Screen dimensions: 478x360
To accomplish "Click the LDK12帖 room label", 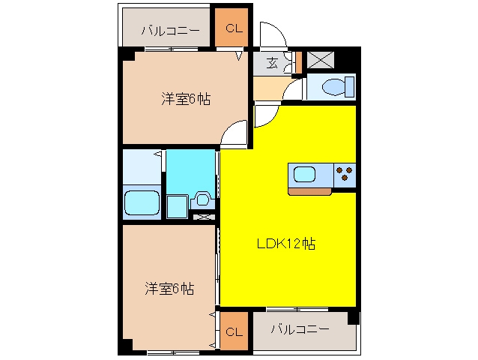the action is (286, 244).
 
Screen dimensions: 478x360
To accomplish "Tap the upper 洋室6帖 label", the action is (186, 99).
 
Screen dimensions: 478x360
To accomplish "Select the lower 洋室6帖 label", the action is (169, 289).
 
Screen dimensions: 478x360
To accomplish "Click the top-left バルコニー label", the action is (170, 31).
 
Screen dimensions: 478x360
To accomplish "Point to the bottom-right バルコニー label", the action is (300, 329).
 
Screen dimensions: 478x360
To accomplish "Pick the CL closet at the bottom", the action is (234, 331).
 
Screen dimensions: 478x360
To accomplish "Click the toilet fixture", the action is (338, 87).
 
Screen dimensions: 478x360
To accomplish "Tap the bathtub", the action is (142, 202).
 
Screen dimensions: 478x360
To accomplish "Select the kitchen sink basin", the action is (304, 175).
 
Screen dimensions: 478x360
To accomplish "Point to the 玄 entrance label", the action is (272, 63).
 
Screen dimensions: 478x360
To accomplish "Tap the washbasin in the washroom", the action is (202, 199).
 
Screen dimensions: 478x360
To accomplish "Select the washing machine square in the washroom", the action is (177, 206).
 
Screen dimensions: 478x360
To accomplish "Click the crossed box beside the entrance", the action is (321, 60).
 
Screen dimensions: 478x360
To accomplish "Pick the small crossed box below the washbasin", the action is (204, 217).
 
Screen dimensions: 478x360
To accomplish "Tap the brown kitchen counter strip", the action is (309, 191).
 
